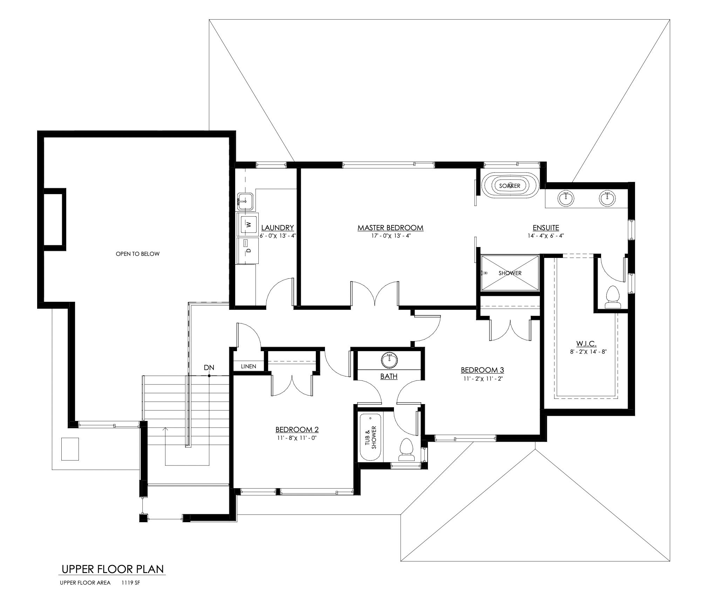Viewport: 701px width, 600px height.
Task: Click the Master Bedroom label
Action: (x=390, y=228)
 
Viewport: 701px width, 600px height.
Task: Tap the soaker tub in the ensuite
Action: (x=510, y=186)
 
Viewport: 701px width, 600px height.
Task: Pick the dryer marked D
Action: (x=248, y=250)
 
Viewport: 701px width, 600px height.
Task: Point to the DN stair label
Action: (x=209, y=367)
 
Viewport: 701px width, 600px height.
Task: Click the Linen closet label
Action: (x=249, y=367)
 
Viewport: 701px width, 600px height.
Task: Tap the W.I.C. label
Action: (x=586, y=343)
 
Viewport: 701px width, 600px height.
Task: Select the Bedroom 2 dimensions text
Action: (x=297, y=438)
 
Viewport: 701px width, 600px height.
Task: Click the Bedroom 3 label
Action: (x=482, y=370)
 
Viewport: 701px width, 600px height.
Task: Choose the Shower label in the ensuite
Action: (x=510, y=273)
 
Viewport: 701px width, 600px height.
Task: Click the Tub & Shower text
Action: (x=371, y=437)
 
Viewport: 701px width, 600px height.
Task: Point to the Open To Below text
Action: (x=138, y=254)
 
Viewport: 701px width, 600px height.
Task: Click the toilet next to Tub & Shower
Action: (x=407, y=450)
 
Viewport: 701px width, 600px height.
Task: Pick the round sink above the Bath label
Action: (x=389, y=360)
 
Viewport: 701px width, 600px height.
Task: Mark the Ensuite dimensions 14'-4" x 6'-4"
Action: (x=546, y=236)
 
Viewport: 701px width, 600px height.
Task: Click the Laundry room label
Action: (x=278, y=228)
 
